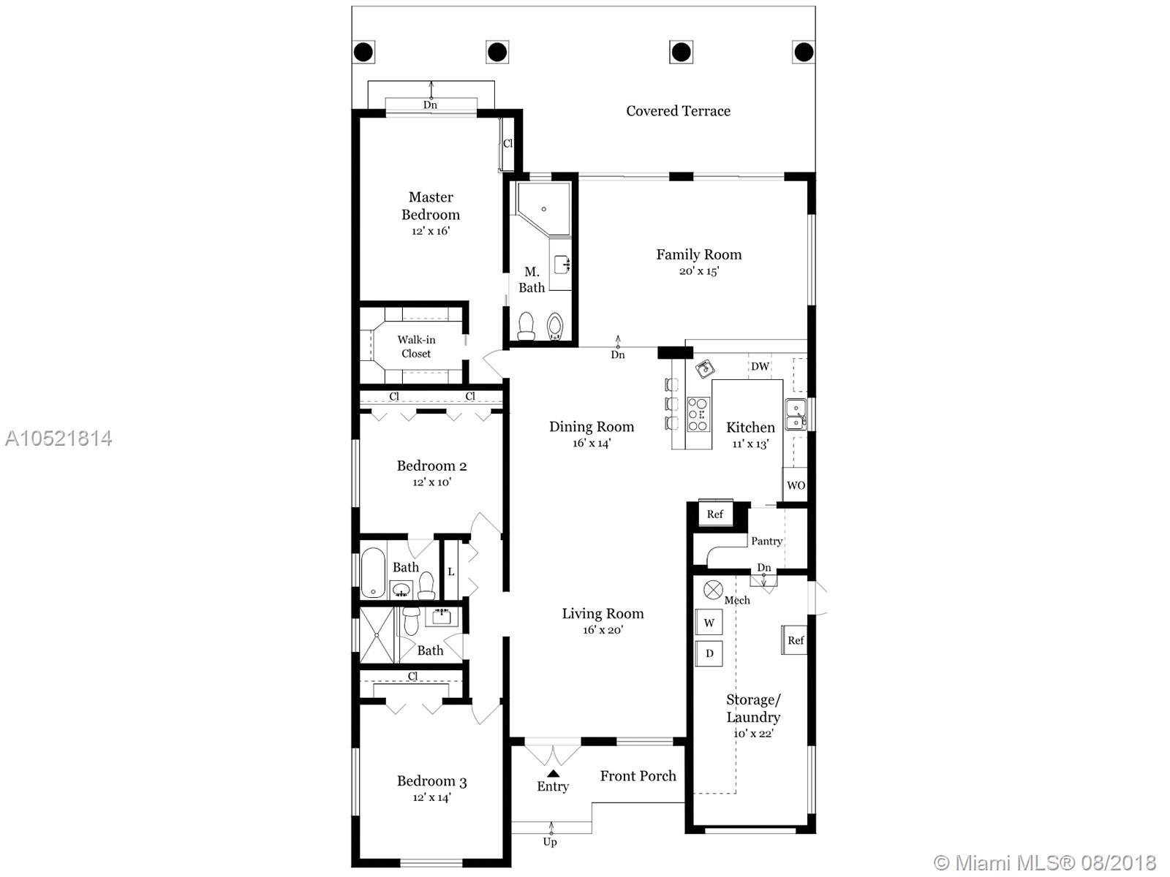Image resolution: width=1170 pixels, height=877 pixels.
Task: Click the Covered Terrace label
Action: [x=678, y=111]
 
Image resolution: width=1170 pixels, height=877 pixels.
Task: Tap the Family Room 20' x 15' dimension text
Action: [x=699, y=271]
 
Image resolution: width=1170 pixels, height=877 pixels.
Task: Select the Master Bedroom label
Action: [x=431, y=205]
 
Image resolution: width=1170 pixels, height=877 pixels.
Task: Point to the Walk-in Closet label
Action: [x=416, y=346]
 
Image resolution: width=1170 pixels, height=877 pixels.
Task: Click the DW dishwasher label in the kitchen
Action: [x=760, y=366]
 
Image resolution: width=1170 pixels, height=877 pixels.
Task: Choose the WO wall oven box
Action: [x=796, y=485]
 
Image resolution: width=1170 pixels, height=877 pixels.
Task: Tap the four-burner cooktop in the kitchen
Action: [x=698, y=414]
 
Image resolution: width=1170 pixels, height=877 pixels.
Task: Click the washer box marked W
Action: [x=709, y=623]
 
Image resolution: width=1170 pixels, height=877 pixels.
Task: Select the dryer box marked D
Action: [x=709, y=653]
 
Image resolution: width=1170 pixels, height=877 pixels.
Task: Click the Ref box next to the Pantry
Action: [x=715, y=515]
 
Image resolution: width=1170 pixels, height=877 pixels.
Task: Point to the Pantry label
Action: [x=766, y=541]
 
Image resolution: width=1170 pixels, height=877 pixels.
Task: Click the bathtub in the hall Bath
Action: [x=373, y=572]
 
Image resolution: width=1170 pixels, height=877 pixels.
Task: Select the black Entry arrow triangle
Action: [x=554, y=774]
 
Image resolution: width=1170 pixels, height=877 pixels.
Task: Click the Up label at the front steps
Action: [x=550, y=842]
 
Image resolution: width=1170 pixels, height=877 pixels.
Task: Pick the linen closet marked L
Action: [x=451, y=571]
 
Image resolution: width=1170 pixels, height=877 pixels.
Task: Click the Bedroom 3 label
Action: [x=431, y=781]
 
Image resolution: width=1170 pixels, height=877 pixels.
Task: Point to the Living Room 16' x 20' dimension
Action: [x=603, y=630]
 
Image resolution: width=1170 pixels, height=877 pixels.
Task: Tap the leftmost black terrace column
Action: [x=363, y=52]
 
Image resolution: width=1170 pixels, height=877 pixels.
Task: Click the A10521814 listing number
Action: [x=58, y=438]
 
